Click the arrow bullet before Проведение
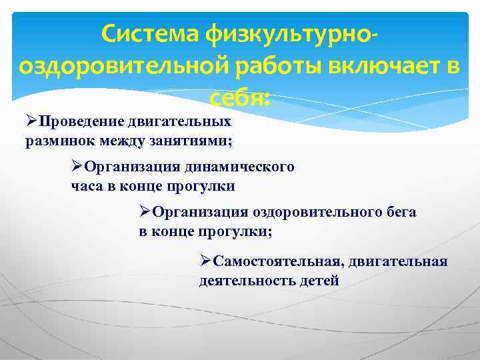(31, 121)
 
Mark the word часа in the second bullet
(86, 186)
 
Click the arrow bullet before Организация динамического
(77, 167)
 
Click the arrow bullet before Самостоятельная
(205, 261)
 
